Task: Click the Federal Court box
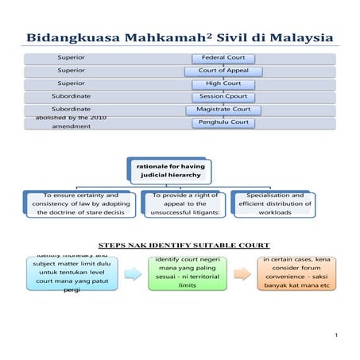click(223, 58)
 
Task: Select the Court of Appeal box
click(223, 71)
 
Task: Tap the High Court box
click(223, 83)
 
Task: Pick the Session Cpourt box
click(223, 96)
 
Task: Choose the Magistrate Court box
click(223, 109)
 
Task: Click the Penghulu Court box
click(223, 122)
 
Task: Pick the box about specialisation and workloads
click(275, 203)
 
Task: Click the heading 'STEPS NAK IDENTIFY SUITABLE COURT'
click(184, 245)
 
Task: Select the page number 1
click(337, 337)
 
